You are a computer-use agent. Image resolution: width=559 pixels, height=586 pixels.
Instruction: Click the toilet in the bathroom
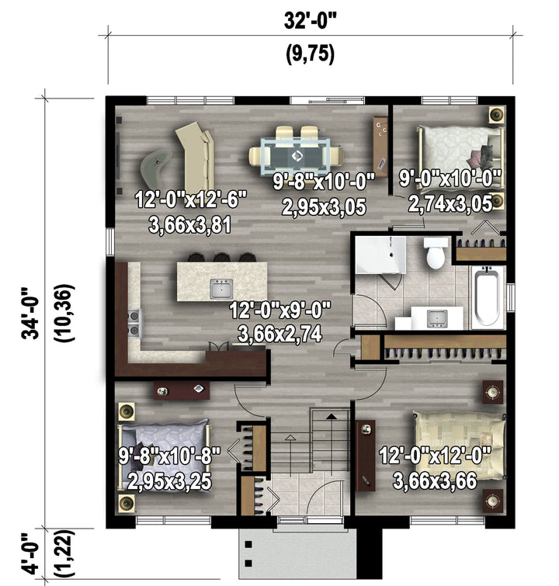click(436, 252)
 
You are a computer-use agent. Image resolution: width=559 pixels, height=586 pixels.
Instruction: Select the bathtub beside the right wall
click(487, 297)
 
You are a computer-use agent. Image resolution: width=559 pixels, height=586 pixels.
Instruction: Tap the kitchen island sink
click(221, 289)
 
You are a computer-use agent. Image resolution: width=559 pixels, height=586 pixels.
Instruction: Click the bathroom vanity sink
click(437, 318)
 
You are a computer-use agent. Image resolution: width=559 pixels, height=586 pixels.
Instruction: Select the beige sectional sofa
click(195, 158)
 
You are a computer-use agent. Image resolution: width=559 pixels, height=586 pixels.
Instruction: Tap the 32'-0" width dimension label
click(311, 20)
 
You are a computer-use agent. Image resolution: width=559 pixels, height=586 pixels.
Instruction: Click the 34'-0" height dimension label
click(30, 314)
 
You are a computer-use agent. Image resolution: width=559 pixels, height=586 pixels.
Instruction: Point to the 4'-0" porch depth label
click(30, 553)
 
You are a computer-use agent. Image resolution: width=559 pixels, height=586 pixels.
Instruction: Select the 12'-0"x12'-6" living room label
click(191, 199)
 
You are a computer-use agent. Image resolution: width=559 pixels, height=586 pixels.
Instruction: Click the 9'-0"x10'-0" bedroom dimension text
click(450, 179)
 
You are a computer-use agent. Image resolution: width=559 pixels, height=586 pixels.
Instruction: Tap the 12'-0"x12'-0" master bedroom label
click(435, 456)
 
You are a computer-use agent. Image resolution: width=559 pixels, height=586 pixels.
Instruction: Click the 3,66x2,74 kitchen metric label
click(279, 334)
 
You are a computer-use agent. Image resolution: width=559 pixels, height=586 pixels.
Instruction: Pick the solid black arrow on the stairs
click(332, 416)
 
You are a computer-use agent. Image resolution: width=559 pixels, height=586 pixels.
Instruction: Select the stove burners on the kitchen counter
click(134, 323)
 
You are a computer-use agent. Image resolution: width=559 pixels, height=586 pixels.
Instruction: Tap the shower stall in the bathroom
click(380, 254)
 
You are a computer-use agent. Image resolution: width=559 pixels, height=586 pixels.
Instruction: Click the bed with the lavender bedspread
click(163, 455)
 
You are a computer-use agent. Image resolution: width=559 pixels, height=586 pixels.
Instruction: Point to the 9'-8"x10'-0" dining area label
click(324, 182)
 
